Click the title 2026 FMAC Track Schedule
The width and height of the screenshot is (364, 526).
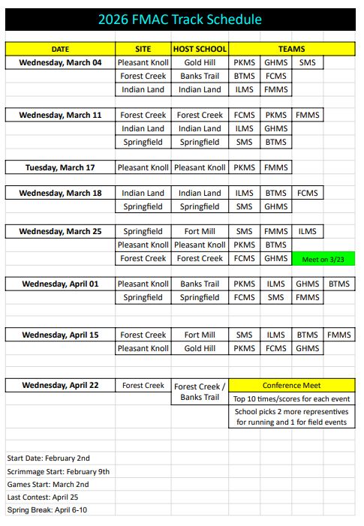pos(180,20)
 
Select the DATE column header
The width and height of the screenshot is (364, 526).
pos(60,49)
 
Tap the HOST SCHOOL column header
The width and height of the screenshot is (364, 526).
pos(200,49)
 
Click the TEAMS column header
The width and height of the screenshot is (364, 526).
pos(291,49)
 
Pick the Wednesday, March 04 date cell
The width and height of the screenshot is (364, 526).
pos(60,62)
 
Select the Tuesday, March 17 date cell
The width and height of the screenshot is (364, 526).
pos(60,167)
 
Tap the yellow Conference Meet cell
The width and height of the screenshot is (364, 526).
pos(291,386)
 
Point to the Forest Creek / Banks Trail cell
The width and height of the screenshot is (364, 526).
pos(200,392)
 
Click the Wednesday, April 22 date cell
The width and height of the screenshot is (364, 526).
pos(60,386)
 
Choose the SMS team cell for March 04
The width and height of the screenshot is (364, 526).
pos(307,62)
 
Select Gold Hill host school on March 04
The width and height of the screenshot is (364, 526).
pos(200,62)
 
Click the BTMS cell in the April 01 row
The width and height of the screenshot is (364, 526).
pos(339,284)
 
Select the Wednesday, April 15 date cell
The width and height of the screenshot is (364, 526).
pos(60,335)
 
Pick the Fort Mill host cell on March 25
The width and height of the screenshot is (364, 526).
pos(200,232)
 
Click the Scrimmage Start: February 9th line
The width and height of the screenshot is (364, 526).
pos(59,471)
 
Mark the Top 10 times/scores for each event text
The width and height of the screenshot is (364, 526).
pos(291,399)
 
